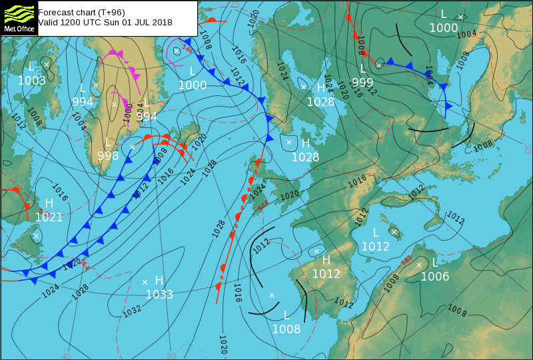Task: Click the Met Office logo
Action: (19, 17)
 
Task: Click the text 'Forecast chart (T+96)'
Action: (81, 12)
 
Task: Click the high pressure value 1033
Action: (159, 295)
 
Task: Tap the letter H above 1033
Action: (159, 281)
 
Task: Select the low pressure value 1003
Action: (32, 81)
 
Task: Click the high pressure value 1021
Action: (49, 217)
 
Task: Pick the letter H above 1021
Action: (49, 203)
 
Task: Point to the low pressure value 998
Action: (108, 156)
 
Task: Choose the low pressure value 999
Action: (362, 82)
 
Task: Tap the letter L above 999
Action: (363, 68)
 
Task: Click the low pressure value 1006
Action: (435, 276)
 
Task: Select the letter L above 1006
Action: (435, 262)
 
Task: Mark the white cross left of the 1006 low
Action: (419, 265)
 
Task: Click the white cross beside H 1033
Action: (145, 282)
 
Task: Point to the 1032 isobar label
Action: (132, 309)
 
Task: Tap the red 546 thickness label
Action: (187, 50)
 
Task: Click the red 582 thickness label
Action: (406, 261)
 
